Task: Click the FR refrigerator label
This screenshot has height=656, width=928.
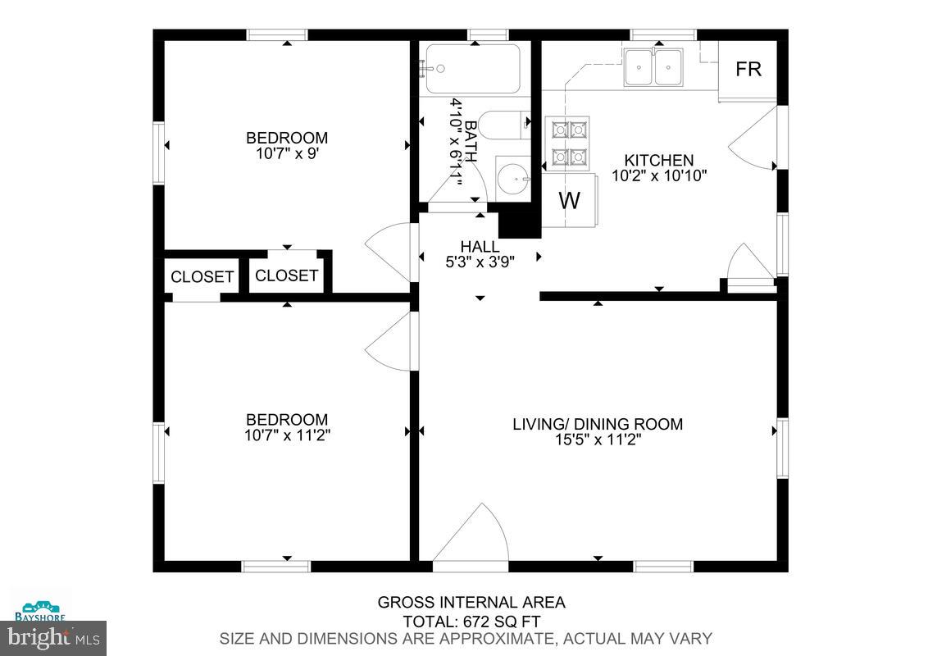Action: [x=748, y=70]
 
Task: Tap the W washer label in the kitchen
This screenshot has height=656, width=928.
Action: [x=569, y=200]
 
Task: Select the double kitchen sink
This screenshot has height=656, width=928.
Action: [x=653, y=67]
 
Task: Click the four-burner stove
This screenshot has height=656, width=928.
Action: [x=568, y=142]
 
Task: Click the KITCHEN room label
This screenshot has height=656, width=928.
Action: [x=658, y=160]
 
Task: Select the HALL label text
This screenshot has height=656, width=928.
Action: [x=480, y=247]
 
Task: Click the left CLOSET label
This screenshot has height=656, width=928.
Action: [x=202, y=277]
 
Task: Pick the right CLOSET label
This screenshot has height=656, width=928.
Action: [x=286, y=276]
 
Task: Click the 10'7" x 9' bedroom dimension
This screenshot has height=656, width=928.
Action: [x=287, y=153]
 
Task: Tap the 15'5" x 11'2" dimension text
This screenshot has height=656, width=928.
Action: [x=598, y=440]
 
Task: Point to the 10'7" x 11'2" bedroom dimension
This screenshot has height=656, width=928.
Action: [x=287, y=435]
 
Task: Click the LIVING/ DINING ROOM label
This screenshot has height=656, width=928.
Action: [x=598, y=424]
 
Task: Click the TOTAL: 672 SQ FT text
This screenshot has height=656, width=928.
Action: [x=471, y=622]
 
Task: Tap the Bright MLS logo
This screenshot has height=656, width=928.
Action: [x=53, y=635]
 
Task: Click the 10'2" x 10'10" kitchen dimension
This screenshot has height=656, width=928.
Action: [x=658, y=175]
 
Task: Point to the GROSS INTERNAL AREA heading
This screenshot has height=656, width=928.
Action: [x=471, y=603]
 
